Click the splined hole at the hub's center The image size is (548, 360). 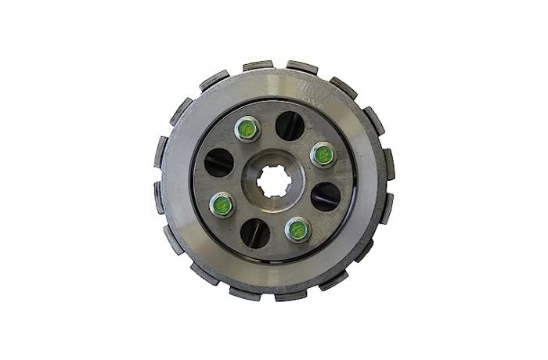273,181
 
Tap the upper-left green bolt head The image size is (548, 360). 246,129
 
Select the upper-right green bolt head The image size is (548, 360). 321,153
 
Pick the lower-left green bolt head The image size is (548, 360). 222,206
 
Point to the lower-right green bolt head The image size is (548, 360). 297,229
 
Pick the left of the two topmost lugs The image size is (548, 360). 256,67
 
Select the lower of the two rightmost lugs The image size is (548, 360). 386,205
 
